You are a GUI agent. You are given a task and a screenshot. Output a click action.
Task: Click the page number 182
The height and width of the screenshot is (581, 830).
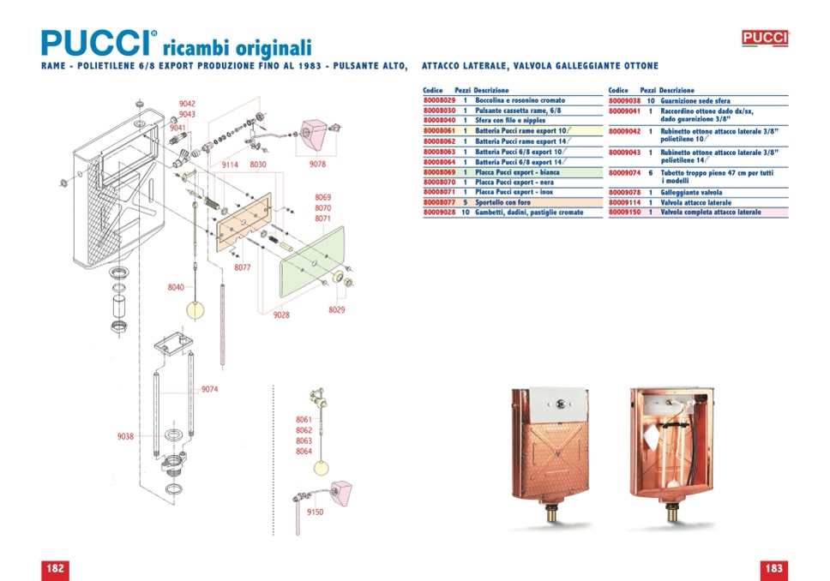pyautogui.click(x=55, y=569)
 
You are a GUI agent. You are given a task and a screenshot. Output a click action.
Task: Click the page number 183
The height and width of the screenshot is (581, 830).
pyautogui.click(x=773, y=569)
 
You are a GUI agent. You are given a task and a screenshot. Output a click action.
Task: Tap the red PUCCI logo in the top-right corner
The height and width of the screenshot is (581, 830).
pyautogui.click(x=765, y=38)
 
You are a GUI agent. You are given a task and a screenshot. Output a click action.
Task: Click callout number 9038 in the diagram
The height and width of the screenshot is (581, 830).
pyautogui.click(x=125, y=436)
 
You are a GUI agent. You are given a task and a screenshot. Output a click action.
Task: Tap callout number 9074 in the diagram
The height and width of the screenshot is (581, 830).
pyautogui.click(x=210, y=390)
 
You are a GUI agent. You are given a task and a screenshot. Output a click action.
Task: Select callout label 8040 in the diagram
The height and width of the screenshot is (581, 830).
pyautogui.click(x=175, y=288)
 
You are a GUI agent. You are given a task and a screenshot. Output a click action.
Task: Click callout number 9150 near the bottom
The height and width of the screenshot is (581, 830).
pyautogui.click(x=315, y=512)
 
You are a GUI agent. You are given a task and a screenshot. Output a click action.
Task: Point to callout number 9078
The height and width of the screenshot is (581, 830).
pyautogui.click(x=317, y=164)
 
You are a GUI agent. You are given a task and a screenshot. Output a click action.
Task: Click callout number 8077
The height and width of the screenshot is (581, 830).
pyautogui.click(x=243, y=267)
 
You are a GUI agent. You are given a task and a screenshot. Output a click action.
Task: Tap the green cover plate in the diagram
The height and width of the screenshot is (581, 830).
pyautogui.click(x=313, y=261)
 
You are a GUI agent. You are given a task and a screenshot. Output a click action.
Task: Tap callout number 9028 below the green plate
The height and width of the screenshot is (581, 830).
pyautogui.click(x=281, y=315)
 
